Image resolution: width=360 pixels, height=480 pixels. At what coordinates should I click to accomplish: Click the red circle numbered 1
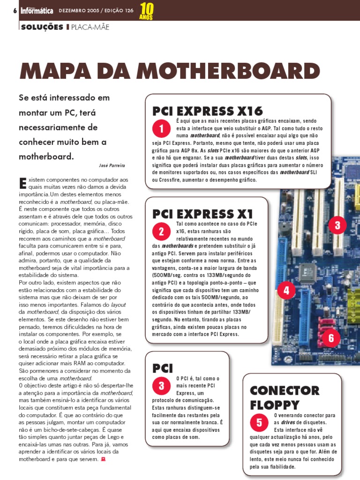[x=161, y=129]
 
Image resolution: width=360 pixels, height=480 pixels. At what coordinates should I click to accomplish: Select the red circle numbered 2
[x=161, y=231]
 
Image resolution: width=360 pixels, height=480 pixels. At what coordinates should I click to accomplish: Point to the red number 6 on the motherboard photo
[x=331, y=337]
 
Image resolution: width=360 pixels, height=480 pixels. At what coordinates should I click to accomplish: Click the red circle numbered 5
[x=259, y=422]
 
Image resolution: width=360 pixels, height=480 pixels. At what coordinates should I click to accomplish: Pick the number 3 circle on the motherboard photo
[x=337, y=225]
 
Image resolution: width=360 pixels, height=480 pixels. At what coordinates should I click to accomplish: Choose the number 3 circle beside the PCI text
[x=161, y=385]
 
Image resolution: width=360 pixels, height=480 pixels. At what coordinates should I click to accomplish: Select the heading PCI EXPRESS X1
[x=202, y=214]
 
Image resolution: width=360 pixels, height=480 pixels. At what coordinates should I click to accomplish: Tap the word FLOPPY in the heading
[x=274, y=405]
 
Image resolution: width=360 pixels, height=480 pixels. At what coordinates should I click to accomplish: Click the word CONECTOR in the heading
[x=285, y=390]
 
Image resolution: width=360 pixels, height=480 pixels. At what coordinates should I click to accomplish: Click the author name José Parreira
[x=112, y=165]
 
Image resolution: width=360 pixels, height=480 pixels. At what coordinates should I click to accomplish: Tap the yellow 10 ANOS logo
[x=146, y=11]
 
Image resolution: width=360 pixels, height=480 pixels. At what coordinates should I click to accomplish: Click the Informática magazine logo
[x=37, y=10]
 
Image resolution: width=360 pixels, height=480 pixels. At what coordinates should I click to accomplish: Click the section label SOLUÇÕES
[x=42, y=27]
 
